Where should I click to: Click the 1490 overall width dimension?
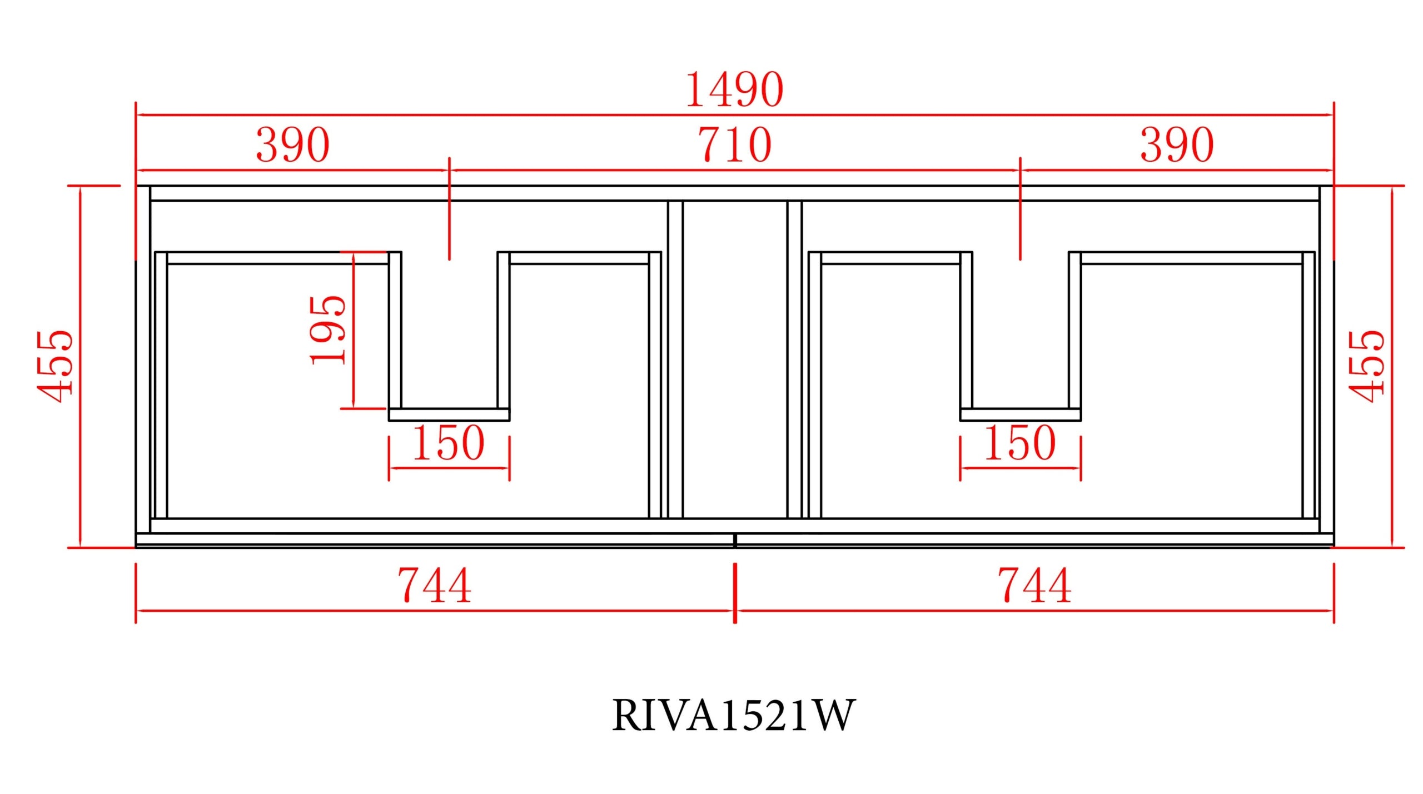point(734,89)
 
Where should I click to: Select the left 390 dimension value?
point(292,145)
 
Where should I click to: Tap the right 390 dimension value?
point(1177,145)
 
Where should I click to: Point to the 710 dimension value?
point(734,145)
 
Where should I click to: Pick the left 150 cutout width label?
point(448,443)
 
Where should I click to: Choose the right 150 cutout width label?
point(1019,443)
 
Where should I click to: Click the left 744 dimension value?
point(434,585)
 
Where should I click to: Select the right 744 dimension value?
point(1034,585)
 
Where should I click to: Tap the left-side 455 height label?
point(54,366)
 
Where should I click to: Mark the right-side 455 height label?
point(1367,366)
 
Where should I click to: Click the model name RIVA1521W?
point(733,715)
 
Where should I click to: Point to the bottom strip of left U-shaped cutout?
point(449,415)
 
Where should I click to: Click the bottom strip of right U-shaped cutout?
point(1020,415)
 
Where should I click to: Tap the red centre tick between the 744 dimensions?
point(735,592)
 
